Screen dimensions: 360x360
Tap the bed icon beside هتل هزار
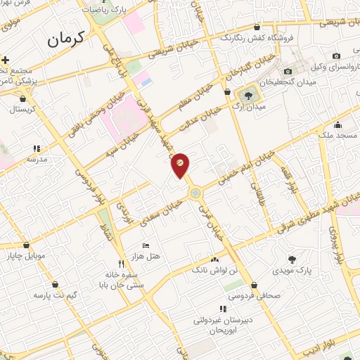coord(146,245)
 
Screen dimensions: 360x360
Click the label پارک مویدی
coord(311,270)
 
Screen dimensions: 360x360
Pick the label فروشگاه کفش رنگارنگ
coord(262,39)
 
